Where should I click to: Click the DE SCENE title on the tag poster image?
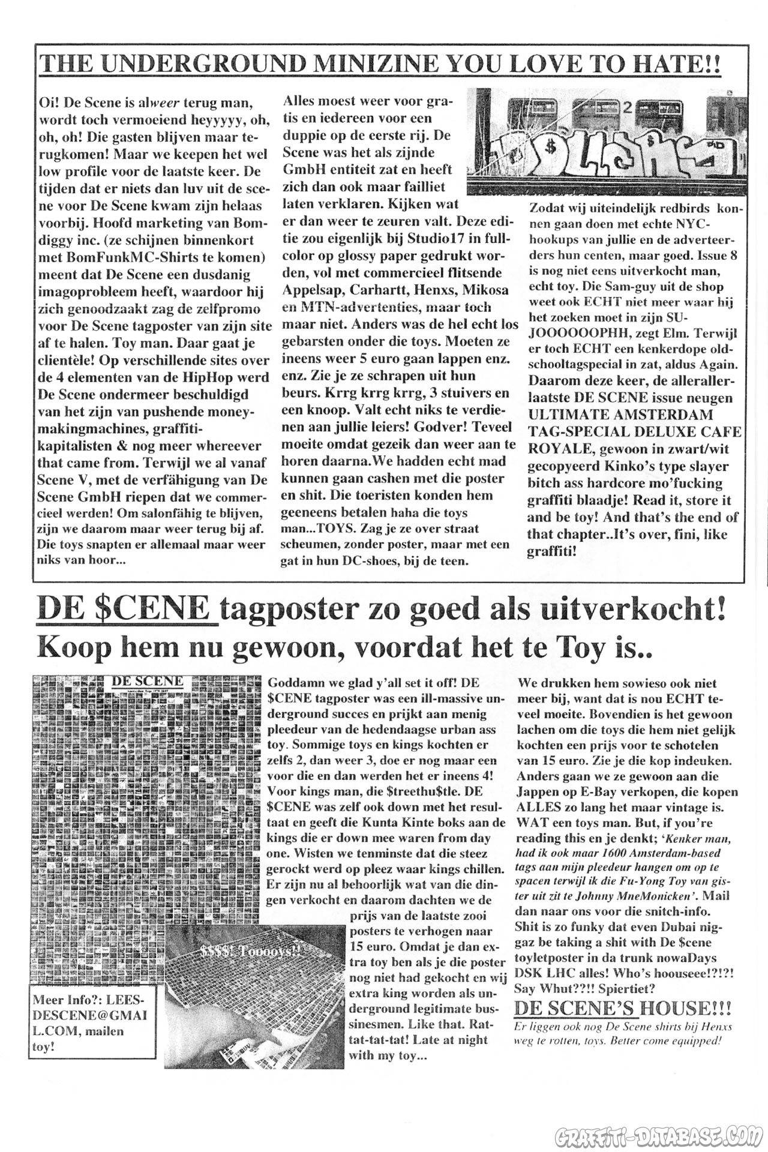coord(148,681)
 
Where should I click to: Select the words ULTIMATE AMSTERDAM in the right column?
coord(620,415)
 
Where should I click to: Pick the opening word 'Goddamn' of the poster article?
coord(296,683)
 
